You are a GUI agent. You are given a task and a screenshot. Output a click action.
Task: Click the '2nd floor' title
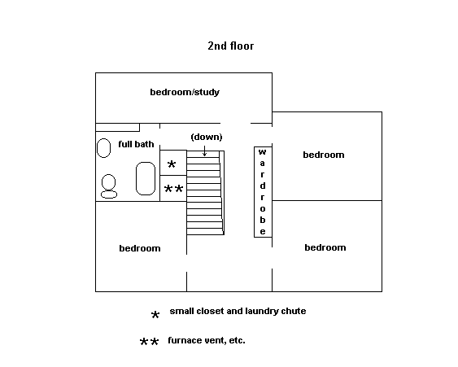[231, 46]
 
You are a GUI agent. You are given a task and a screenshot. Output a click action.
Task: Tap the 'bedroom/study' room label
[185, 92]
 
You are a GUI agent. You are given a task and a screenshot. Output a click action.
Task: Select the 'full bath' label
[136, 144]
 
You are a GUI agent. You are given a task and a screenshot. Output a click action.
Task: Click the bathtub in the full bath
[146, 178]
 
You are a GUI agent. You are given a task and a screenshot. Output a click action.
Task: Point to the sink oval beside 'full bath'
[103, 148]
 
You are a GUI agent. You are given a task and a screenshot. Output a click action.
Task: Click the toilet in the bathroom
[109, 186]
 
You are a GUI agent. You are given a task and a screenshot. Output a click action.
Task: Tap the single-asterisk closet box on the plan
[173, 163]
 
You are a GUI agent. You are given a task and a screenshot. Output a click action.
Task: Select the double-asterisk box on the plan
[173, 189]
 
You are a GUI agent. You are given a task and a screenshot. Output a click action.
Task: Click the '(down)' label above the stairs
[207, 137]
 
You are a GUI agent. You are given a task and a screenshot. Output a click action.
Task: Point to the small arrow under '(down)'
[204, 151]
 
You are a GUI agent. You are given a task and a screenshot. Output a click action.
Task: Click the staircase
[205, 193]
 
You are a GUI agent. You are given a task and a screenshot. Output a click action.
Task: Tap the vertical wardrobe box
[263, 192]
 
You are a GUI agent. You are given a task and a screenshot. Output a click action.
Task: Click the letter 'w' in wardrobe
[263, 152]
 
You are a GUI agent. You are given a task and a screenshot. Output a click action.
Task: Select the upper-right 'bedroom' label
[324, 155]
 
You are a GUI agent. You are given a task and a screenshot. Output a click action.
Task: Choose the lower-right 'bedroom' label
[325, 247]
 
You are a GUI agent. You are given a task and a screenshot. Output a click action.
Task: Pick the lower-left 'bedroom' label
[140, 248]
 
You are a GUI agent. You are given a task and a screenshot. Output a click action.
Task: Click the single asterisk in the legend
[155, 315]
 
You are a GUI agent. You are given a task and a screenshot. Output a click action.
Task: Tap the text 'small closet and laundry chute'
[238, 311]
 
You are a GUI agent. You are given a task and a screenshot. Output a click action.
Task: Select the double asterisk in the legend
[149, 342]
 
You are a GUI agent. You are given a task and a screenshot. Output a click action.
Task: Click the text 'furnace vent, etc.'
[207, 340]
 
